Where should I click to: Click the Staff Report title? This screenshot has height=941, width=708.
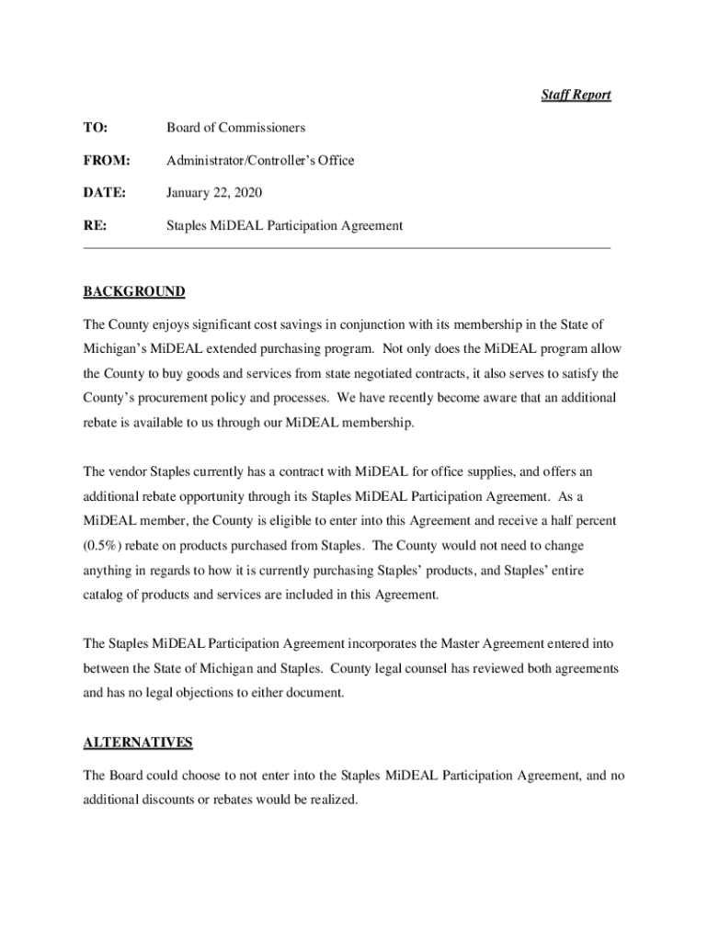pyautogui.click(x=575, y=95)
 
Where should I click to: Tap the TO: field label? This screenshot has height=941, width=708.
pyautogui.click(x=95, y=128)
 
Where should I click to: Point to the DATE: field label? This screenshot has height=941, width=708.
pyautogui.click(x=105, y=193)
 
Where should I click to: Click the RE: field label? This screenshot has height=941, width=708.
pyautogui.click(x=95, y=225)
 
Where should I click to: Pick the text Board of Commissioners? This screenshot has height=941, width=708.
pyautogui.click(x=235, y=128)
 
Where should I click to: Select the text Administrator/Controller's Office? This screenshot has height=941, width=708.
pyautogui.click(x=260, y=161)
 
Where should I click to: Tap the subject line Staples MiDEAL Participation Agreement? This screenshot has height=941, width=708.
pyautogui.click(x=284, y=225)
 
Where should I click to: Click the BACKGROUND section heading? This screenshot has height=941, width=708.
pyautogui.click(x=134, y=292)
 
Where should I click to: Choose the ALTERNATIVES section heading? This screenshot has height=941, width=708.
pyautogui.click(x=138, y=743)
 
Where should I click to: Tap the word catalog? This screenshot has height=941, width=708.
pyautogui.click(x=103, y=595)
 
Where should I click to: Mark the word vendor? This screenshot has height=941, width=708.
pyautogui.click(x=128, y=471)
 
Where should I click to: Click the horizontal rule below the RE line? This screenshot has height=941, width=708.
pyautogui.click(x=347, y=247)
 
